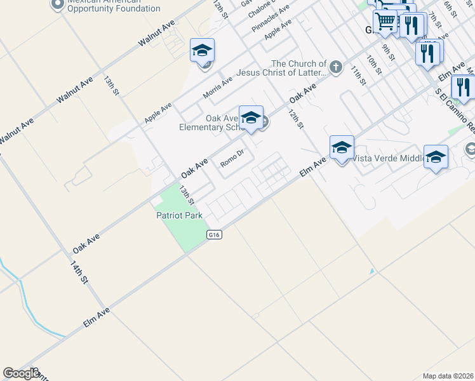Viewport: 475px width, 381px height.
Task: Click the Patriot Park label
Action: tap(179, 215)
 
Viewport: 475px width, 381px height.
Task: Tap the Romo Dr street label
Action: tap(232, 158)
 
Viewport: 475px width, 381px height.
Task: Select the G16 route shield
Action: tap(213, 235)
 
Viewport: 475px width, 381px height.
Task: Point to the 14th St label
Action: tap(79, 271)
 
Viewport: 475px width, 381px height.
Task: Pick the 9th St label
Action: tap(388, 51)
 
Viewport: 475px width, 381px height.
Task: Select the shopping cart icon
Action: tap(385, 22)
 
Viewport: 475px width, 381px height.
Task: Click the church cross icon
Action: tap(336, 66)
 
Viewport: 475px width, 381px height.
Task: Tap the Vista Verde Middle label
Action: tap(387, 158)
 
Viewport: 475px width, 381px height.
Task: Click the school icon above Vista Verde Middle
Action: tap(342, 148)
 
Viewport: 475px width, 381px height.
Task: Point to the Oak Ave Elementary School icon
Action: tap(251, 117)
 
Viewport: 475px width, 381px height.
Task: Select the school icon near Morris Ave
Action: tap(202, 50)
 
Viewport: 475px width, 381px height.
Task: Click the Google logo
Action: tap(21, 373)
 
